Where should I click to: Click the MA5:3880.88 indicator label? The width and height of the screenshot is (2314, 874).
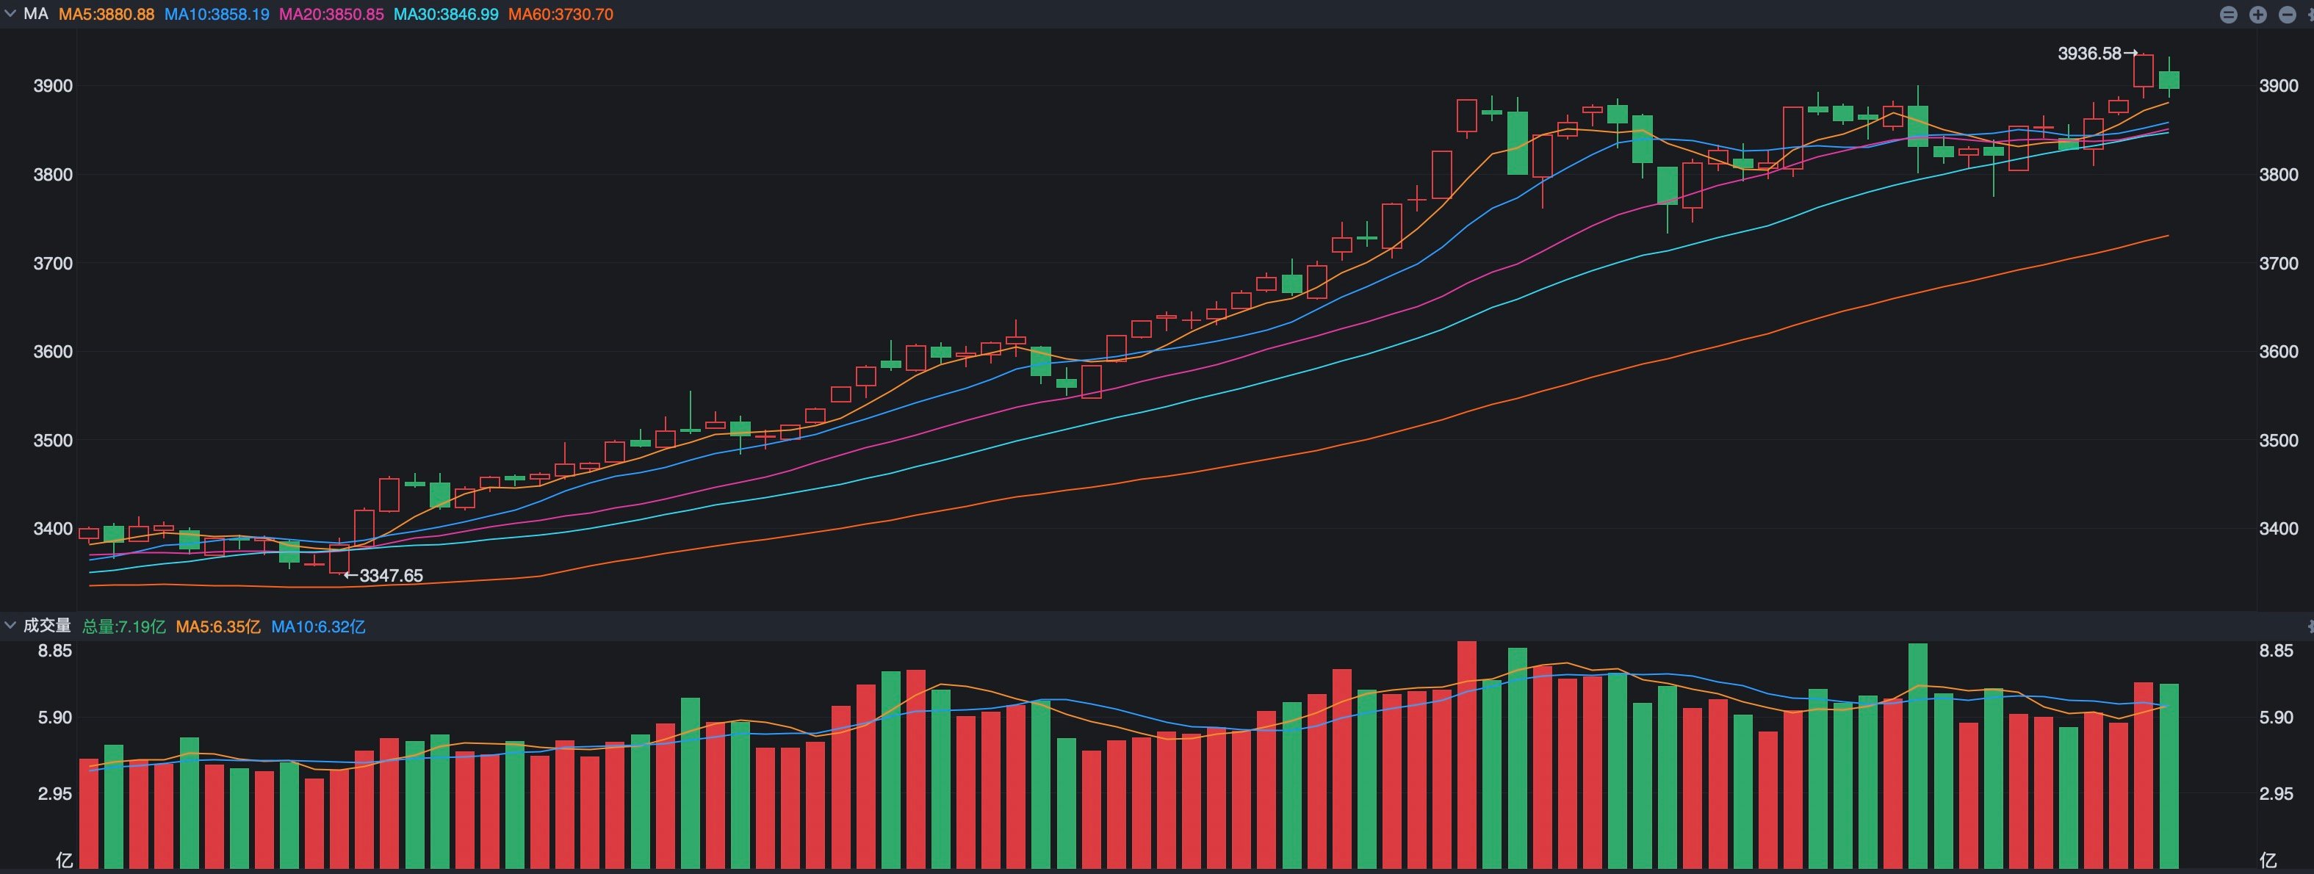pos(106,15)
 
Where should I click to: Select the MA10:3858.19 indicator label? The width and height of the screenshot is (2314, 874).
pos(217,15)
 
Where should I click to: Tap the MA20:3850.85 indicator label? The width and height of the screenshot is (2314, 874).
pos(331,15)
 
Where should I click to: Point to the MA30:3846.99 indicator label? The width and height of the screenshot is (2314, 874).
pos(446,15)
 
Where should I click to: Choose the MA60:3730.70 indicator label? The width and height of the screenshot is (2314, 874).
pos(561,15)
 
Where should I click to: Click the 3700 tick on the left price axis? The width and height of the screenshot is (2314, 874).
pos(52,263)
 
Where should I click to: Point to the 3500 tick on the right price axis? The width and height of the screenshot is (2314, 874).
pos(2279,440)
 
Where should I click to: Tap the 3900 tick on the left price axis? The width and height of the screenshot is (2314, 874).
pos(52,86)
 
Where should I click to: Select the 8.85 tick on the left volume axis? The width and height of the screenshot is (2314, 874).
pos(54,650)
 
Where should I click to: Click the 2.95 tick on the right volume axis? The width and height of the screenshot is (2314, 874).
pos(2277,794)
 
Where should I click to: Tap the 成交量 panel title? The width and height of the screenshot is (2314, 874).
pos(47,626)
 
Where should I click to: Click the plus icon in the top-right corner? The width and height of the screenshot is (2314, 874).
pos(2257,15)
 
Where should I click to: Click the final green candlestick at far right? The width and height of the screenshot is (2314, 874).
pos(2169,80)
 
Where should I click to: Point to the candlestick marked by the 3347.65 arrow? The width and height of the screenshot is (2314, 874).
pos(339,559)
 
